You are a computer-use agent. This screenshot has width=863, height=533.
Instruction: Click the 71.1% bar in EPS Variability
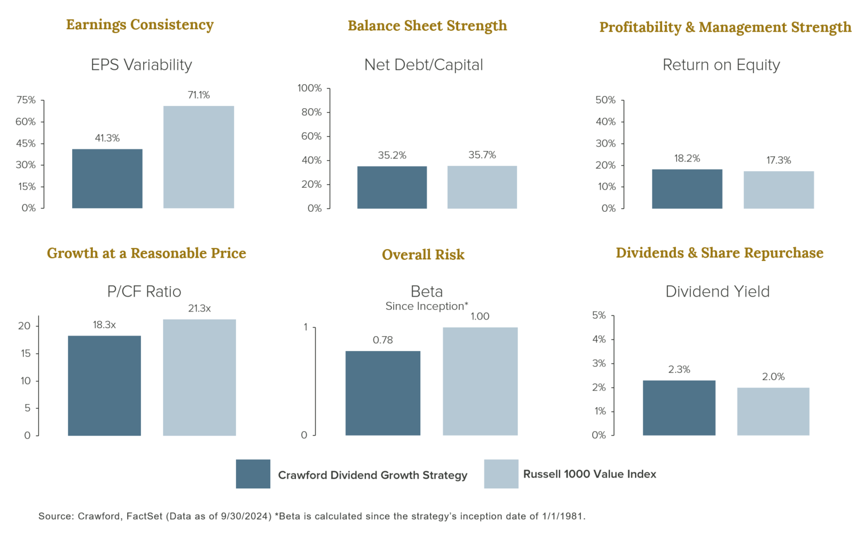[x=199, y=157]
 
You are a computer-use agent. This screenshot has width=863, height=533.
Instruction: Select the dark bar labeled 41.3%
[x=107, y=179]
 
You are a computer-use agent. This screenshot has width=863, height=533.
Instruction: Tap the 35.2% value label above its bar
[x=392, y=155]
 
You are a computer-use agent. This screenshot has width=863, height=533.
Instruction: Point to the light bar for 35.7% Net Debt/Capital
[x=482, y=187]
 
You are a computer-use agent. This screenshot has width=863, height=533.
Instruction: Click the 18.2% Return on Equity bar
[x=687, y=189]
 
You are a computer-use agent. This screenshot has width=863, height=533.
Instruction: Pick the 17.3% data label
[x=779, y=160]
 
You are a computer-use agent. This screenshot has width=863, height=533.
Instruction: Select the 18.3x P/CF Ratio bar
[x=104, y=385]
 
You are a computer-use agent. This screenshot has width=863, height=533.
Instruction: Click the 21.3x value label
[x=199, y=309]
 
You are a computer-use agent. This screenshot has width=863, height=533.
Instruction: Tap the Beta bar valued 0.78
[x=383, y=393]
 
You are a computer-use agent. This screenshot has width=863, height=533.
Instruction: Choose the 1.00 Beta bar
[x=480, y=381]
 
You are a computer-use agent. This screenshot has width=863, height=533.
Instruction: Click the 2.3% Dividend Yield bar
[x=679, y=408]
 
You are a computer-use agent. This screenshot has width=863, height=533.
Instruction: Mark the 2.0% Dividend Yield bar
[x=773, y=412]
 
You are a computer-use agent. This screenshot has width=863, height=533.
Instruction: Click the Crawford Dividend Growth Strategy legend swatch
[x=253, y=474]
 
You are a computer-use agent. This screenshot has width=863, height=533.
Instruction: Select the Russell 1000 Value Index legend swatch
[x=501, y=474]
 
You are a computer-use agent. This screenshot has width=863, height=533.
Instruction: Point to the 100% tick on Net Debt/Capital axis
[x=310, y=88]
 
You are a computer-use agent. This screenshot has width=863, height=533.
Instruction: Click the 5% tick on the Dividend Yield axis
[x=599, y=315]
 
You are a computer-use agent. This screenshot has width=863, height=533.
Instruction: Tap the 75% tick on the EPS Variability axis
[x=26, y=100]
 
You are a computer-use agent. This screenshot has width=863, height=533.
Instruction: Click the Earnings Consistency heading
[x=140, y=25]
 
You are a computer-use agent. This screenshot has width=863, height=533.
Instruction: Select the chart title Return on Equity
[x=721, y=65]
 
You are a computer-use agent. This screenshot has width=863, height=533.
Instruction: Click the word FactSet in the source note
[x=145, y=516]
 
